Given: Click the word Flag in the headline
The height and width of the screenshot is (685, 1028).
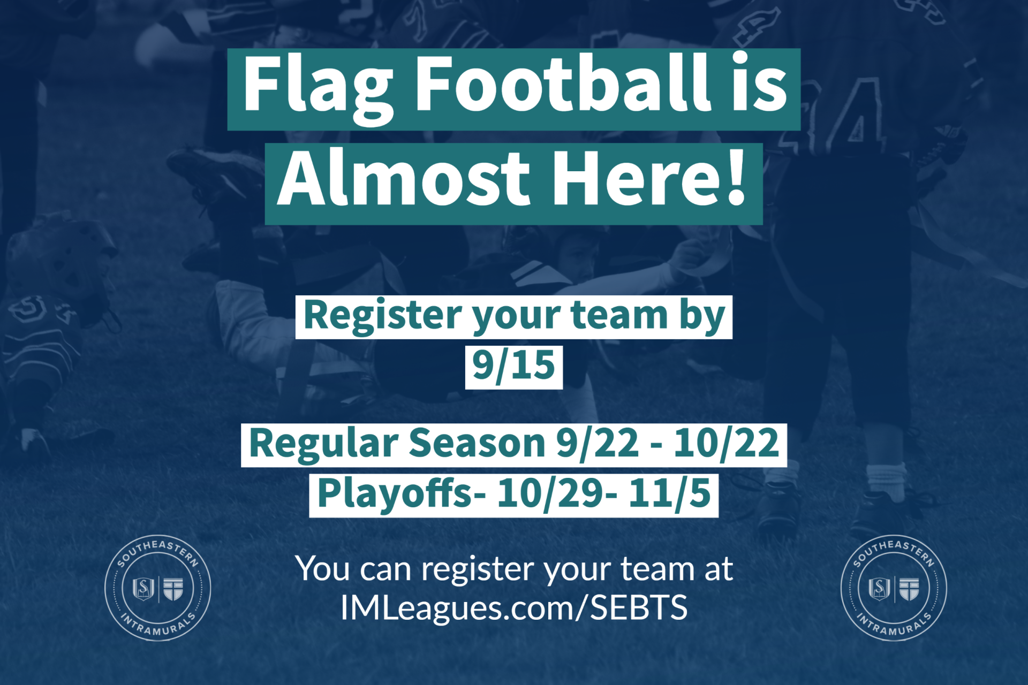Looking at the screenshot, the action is [x=318, y=89].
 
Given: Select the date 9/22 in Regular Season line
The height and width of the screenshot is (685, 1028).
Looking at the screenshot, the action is [x=598, y=444].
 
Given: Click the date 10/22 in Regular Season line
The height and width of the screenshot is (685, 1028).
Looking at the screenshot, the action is [x=726, y=444].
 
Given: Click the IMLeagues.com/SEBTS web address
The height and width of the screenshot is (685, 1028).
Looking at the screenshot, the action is [x=514, y=608].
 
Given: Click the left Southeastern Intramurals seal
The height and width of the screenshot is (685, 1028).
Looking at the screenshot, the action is [x=157, y=588].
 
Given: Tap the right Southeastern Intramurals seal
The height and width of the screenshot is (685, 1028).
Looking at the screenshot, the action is [x=894, y=588].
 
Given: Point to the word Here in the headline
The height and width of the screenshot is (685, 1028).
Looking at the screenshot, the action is [x=634, y=178].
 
